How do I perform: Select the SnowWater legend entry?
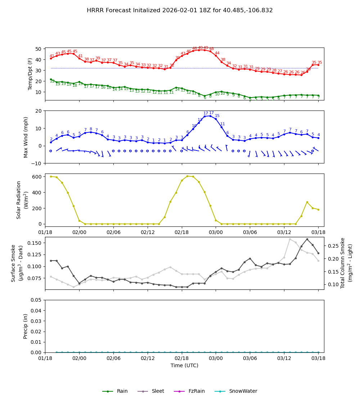243,391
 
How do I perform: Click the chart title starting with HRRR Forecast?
180,10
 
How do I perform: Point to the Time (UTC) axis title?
184,365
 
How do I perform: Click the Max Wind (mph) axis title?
26,137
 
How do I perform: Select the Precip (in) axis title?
26,326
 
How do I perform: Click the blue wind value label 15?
217,116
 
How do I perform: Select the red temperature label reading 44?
217,53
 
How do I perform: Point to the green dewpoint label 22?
52,81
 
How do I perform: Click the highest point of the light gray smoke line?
290,239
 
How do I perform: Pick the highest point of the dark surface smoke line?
307,239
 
